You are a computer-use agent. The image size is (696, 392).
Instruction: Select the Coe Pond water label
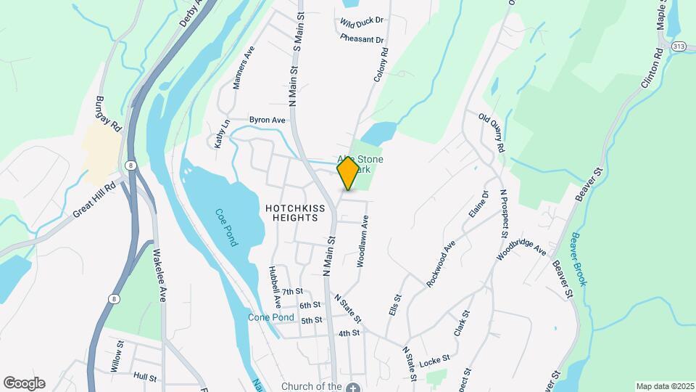[226, 228]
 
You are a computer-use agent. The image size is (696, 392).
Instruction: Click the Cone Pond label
[271, 318]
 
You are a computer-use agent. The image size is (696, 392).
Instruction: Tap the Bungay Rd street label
[109, 114]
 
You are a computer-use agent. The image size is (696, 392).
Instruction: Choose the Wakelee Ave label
[159, 276]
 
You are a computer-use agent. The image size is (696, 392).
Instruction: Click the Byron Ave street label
[268, 120]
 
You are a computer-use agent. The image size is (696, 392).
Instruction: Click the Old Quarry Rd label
[491, 132]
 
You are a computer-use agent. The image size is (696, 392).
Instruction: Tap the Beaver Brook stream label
[577, 258]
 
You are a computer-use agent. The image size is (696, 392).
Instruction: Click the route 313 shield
[679, 46]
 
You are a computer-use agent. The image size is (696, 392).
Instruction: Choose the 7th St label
[292, 292]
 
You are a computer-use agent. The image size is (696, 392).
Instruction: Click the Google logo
[24, 383]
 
